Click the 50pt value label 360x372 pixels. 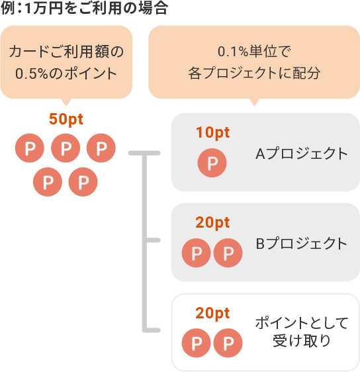click(66, 120)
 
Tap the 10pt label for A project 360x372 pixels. click(212, 133)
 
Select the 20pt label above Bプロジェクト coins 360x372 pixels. click(212, 223)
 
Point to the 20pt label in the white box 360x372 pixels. click(212, 314)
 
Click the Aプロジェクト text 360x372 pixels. click(301, 154)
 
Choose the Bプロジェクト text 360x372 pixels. click(301, 244)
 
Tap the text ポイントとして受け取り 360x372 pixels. click(301, 332)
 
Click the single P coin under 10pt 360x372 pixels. click(212, 163)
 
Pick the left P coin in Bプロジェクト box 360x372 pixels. click(197, 253)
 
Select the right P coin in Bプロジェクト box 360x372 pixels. click(228, 253)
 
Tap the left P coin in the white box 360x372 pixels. click(197, 343)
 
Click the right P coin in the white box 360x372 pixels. click(228, 343)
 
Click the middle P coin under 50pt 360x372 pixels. click(66, 148)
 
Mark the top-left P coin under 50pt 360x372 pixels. click(30, 148)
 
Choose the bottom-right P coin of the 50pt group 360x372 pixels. click(83, 182)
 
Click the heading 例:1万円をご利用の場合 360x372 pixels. click(84, 8)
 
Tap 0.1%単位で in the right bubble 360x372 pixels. click(254, 52)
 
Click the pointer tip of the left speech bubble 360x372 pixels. click(66, 106)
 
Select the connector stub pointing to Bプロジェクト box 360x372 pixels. click(152, 240)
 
